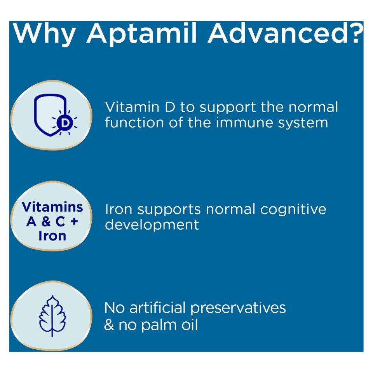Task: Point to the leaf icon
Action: pos(52,315)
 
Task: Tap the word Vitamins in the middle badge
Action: pos(52,207)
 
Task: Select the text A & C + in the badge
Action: pos(52,221)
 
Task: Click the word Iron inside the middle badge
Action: pos(52,235)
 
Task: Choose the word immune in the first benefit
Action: pos(226,123)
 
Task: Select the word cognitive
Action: pos(293,210)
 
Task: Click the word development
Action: pos(152,225)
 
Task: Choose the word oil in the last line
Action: pos(188,324)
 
